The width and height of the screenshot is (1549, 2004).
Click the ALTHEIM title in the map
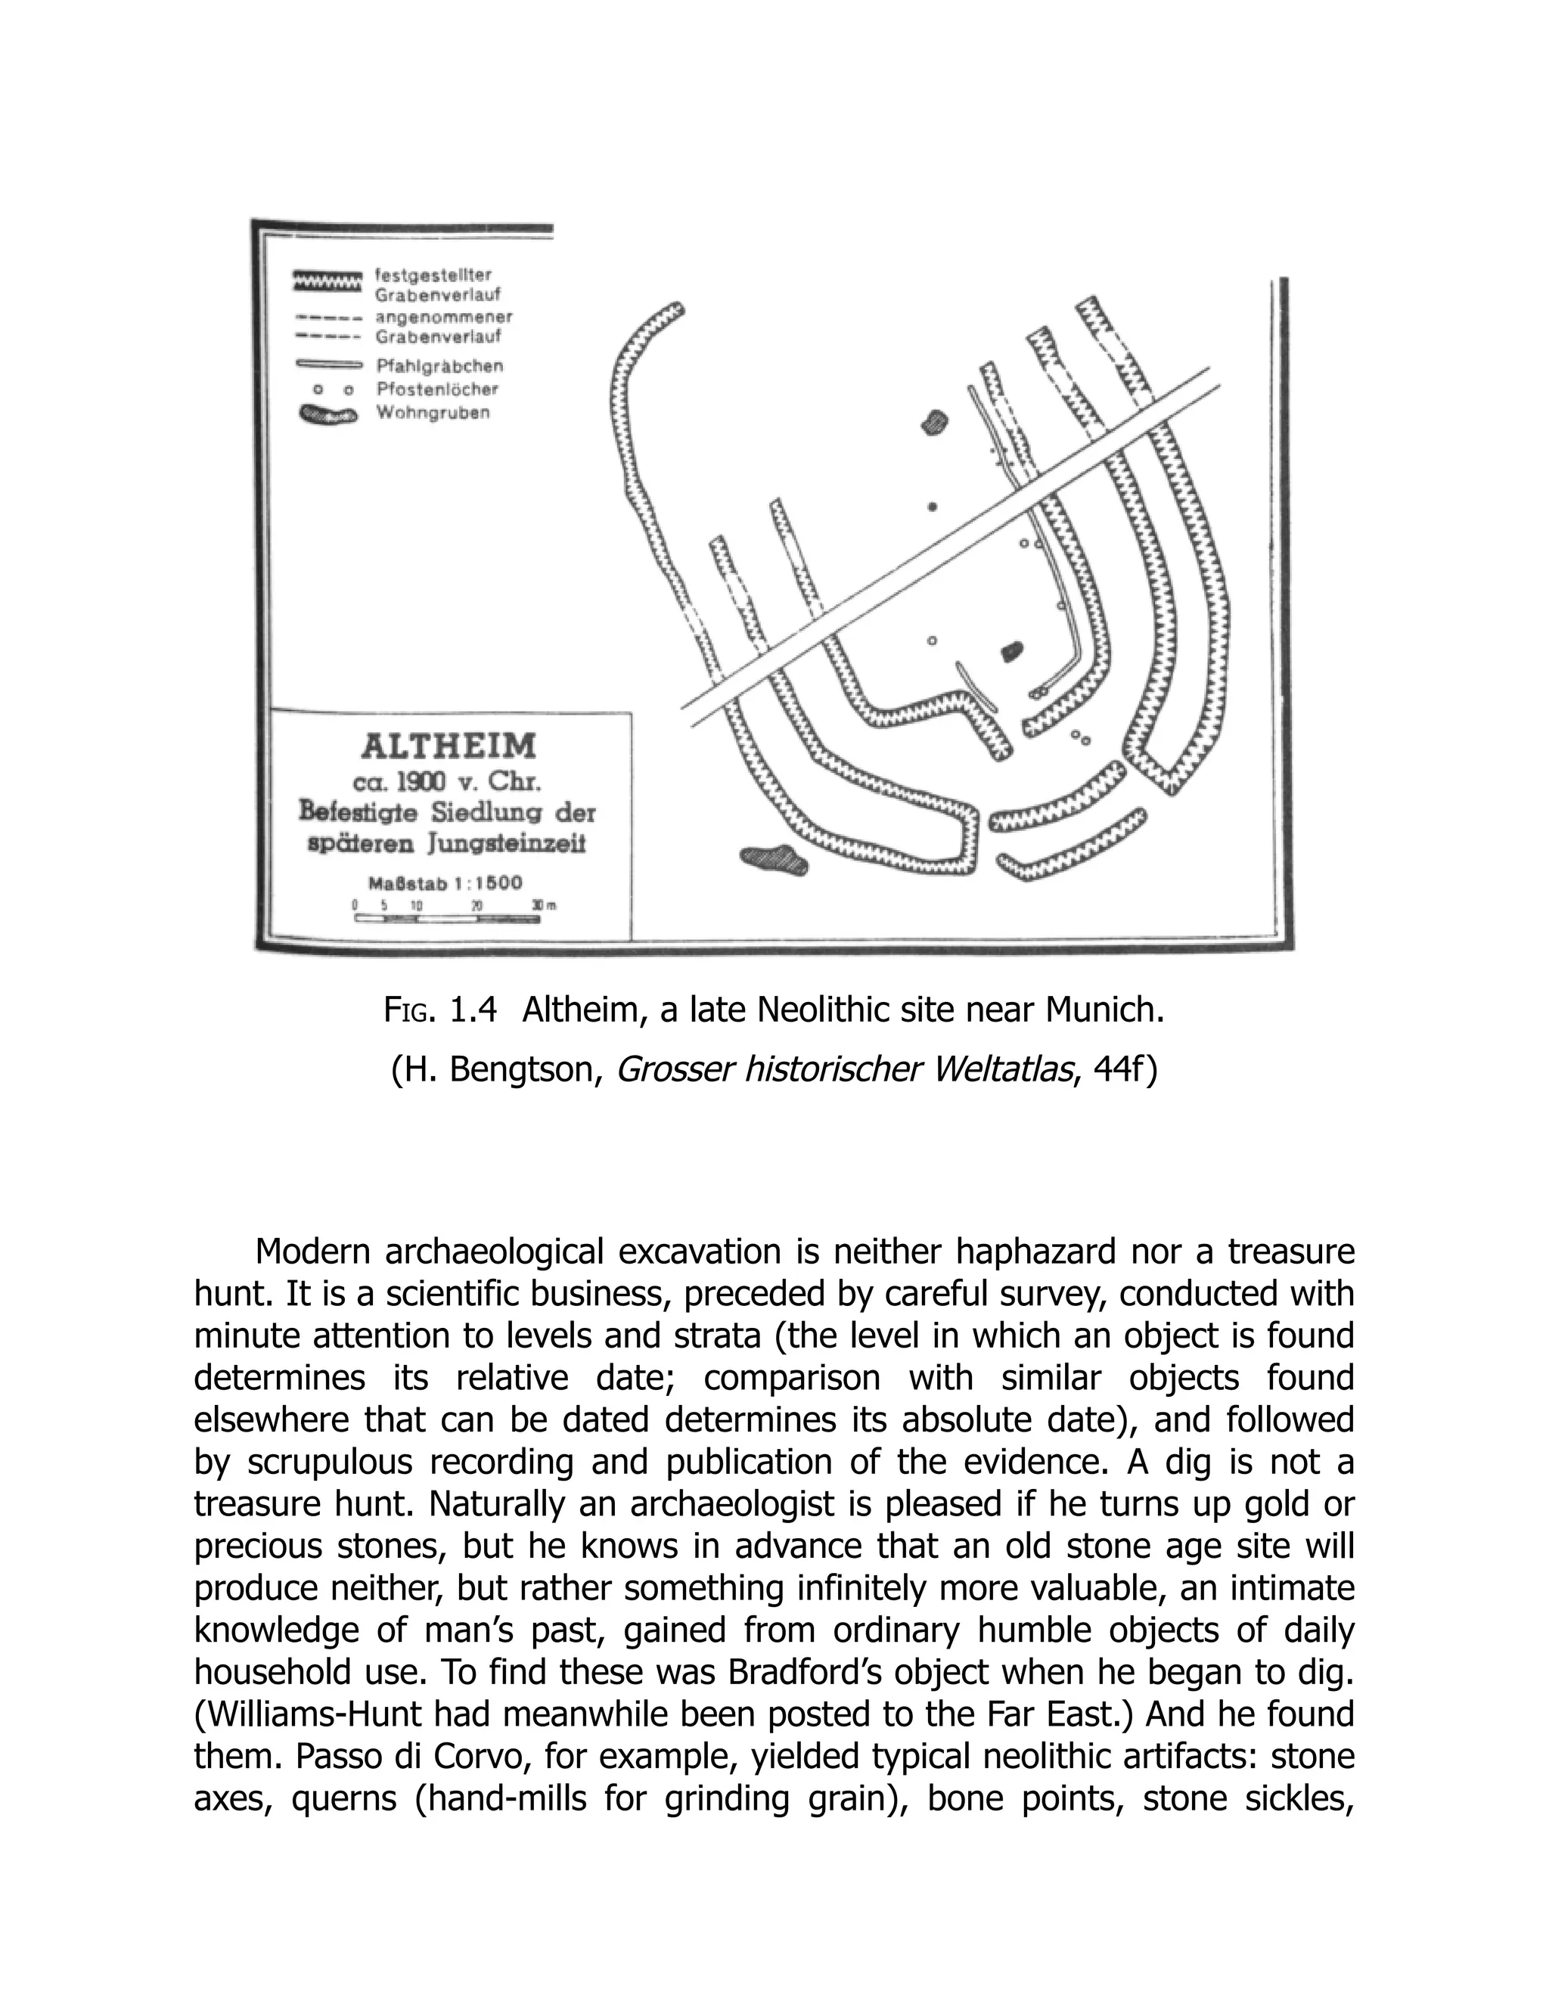(448, 746)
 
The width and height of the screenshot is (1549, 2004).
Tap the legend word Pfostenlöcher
(438, 389)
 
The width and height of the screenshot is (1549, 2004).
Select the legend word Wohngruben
(433, 413)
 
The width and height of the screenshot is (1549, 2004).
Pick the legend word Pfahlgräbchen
(439, 365)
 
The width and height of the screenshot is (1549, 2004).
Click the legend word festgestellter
(434, 275)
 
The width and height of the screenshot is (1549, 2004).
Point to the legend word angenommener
(444, 318)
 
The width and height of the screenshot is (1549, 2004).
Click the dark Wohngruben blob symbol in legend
(327, 414)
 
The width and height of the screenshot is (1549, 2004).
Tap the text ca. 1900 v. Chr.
(447, 782)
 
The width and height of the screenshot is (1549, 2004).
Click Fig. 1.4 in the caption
(439, 1010)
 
